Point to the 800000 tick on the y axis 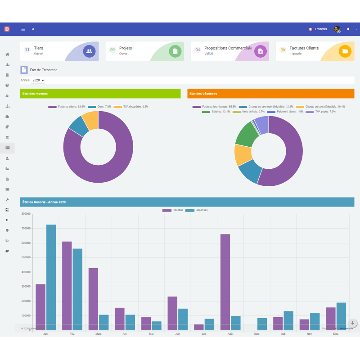(x=26, y=214)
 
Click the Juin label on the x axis (x=178, y=334)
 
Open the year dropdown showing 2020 (x=38, y=80)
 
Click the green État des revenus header (x=100, y=94)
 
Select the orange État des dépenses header (x=270, y=94)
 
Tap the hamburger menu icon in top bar (x=23, y=29)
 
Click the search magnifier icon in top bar (x=33, y=29)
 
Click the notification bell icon (x=348, y=29)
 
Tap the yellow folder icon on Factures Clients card (x=345, y=51)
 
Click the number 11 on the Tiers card (x=27, y=49)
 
